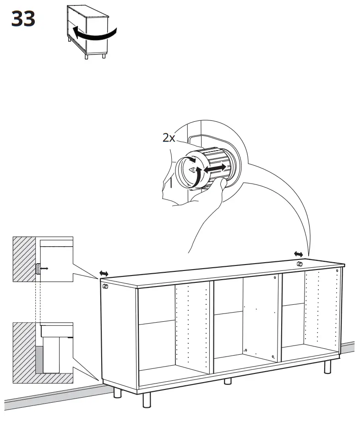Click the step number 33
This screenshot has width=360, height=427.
tap(23, 19)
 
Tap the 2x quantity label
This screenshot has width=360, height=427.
tap(169, 137)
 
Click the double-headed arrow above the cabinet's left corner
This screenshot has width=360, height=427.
tap(104, 273)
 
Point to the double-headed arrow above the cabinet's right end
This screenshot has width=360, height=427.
tap(298, 254)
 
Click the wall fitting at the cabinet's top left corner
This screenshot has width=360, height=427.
tap(105, 286)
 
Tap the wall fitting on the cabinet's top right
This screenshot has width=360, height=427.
tap(299, 264)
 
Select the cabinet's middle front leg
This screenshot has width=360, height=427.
tap(228, 381)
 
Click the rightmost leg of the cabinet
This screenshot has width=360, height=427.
tap(328, 366)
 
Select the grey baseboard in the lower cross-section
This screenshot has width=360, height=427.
tap(40, 359)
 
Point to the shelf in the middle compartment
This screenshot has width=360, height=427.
tap(229, 313)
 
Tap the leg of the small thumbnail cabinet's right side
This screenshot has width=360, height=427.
tap(104, 55)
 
